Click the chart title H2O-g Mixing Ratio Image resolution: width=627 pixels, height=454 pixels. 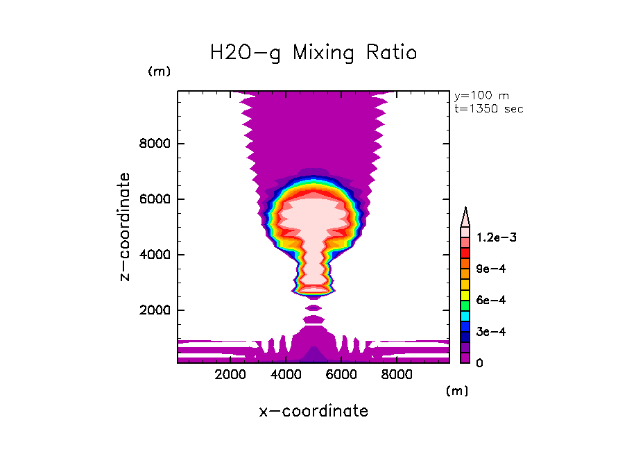(x=313, y=53)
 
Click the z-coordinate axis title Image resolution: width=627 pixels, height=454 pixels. (x=126, y=227)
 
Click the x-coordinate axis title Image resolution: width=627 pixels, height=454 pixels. (x=313, y=411)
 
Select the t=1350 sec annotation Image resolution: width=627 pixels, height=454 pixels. (x=488, y=109)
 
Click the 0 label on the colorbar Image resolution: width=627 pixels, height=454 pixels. (x=479, y=363)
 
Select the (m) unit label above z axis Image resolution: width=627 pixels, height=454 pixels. (x=160, y=72)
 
